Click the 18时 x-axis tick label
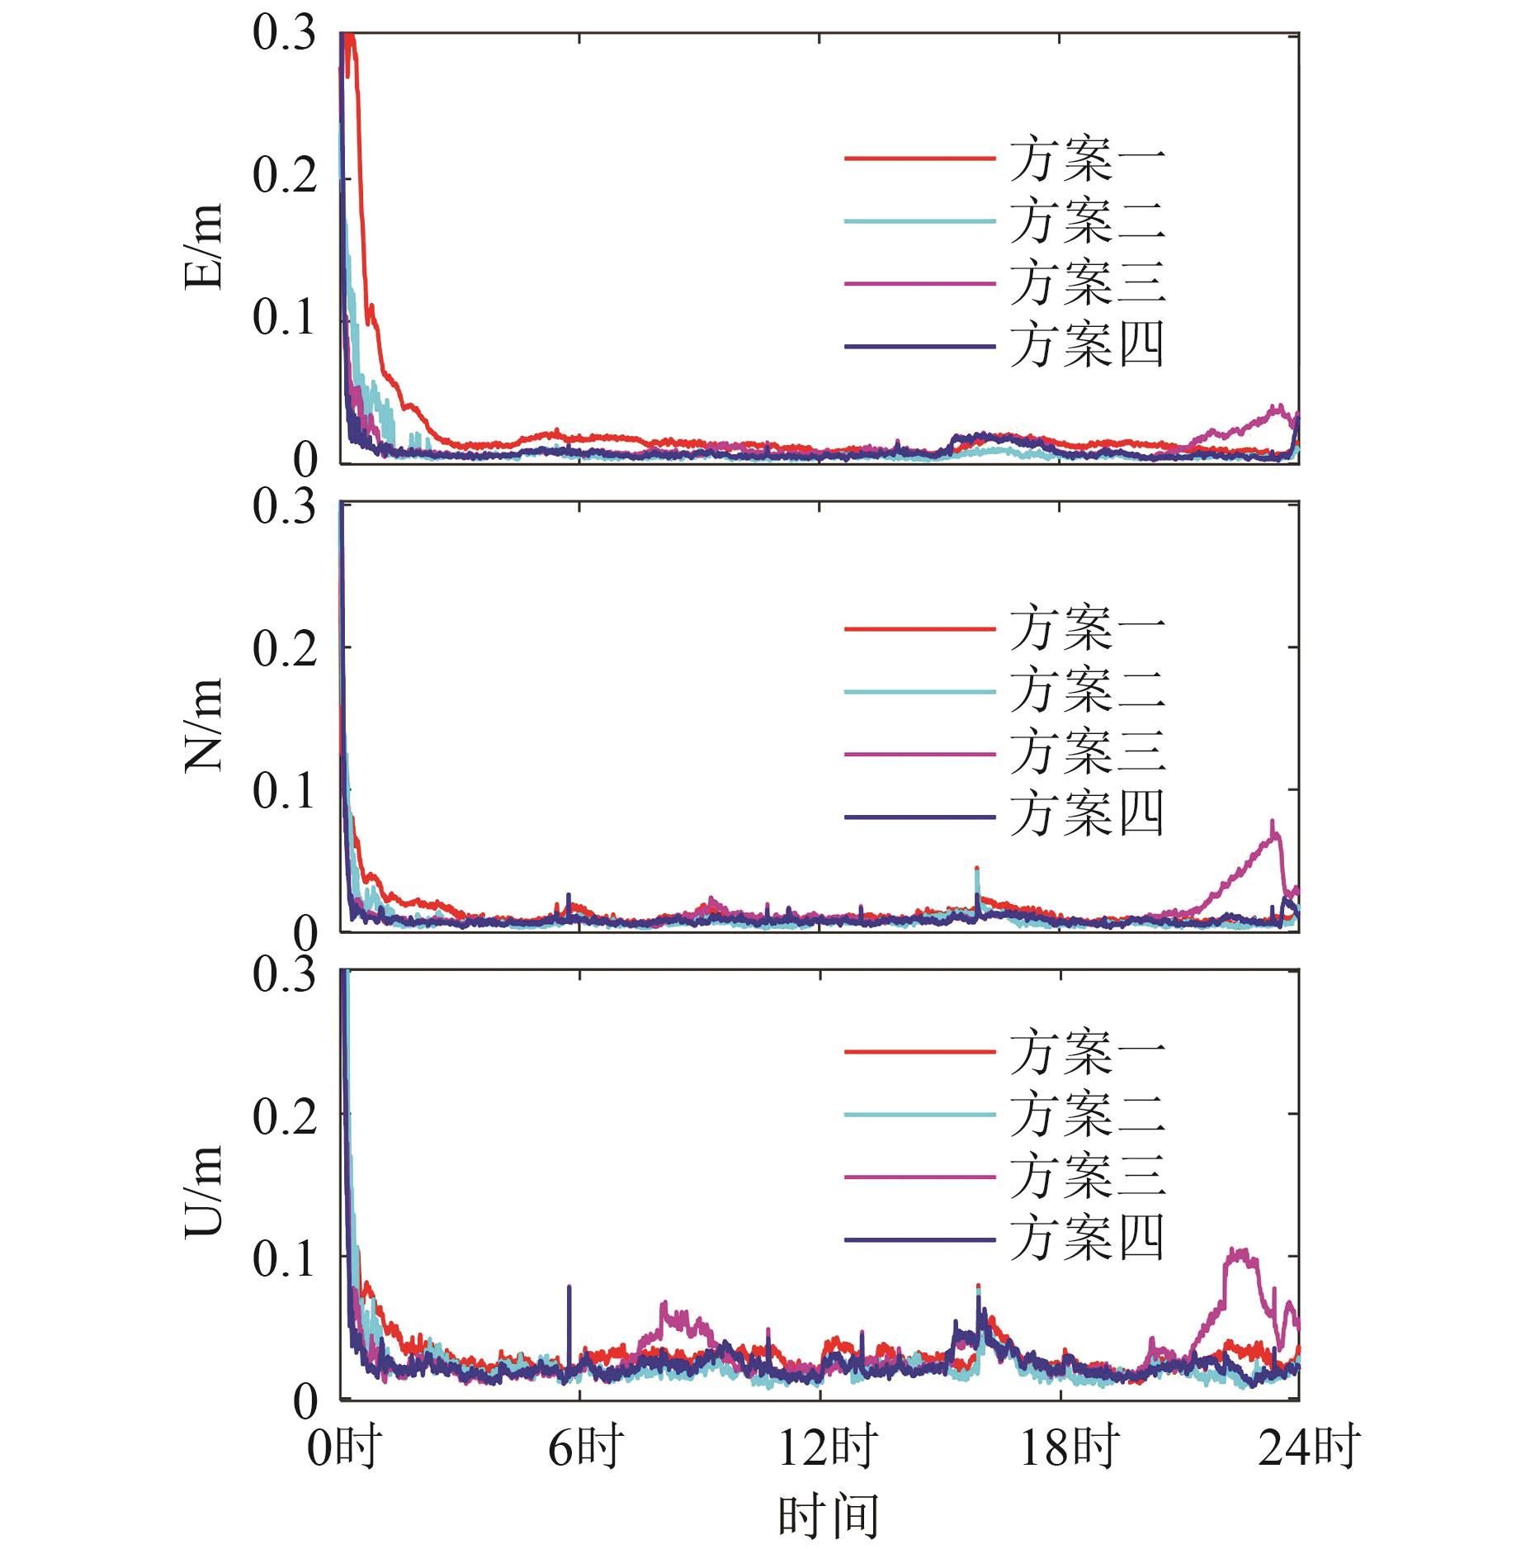pyautogui.click(x=1070, y=1447)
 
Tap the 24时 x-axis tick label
pyautogui.click(x=1309, y=1447)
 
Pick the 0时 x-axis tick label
pyautogui.click(x=343, y=1447)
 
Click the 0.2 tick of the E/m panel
pyautogui.click(x=285, y=176)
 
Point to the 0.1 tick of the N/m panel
pyautogui.click(x=285, y=791)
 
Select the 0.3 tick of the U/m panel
pyautogui.click(x=285, y=974)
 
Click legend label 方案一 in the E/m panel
pyautogui.click(x=1087, y=159)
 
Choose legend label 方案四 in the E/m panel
pyautogui.click(x=1087, y=345)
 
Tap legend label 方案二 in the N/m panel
pyautogui.click(x=1087, y=691)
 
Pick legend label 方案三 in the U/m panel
pyautogui.click(x=1087, y=1176)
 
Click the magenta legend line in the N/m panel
pyautogui.click(x=919, y=754)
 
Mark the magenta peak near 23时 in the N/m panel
pyautogui.click(x=1273, y=824)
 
